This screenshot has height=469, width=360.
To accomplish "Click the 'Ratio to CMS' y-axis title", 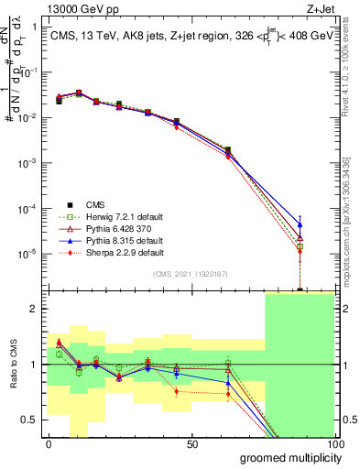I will pyautogui.click(x=12, y=365).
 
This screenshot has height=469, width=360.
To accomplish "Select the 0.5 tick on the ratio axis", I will pyautogui.click(x=33, y=420).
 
